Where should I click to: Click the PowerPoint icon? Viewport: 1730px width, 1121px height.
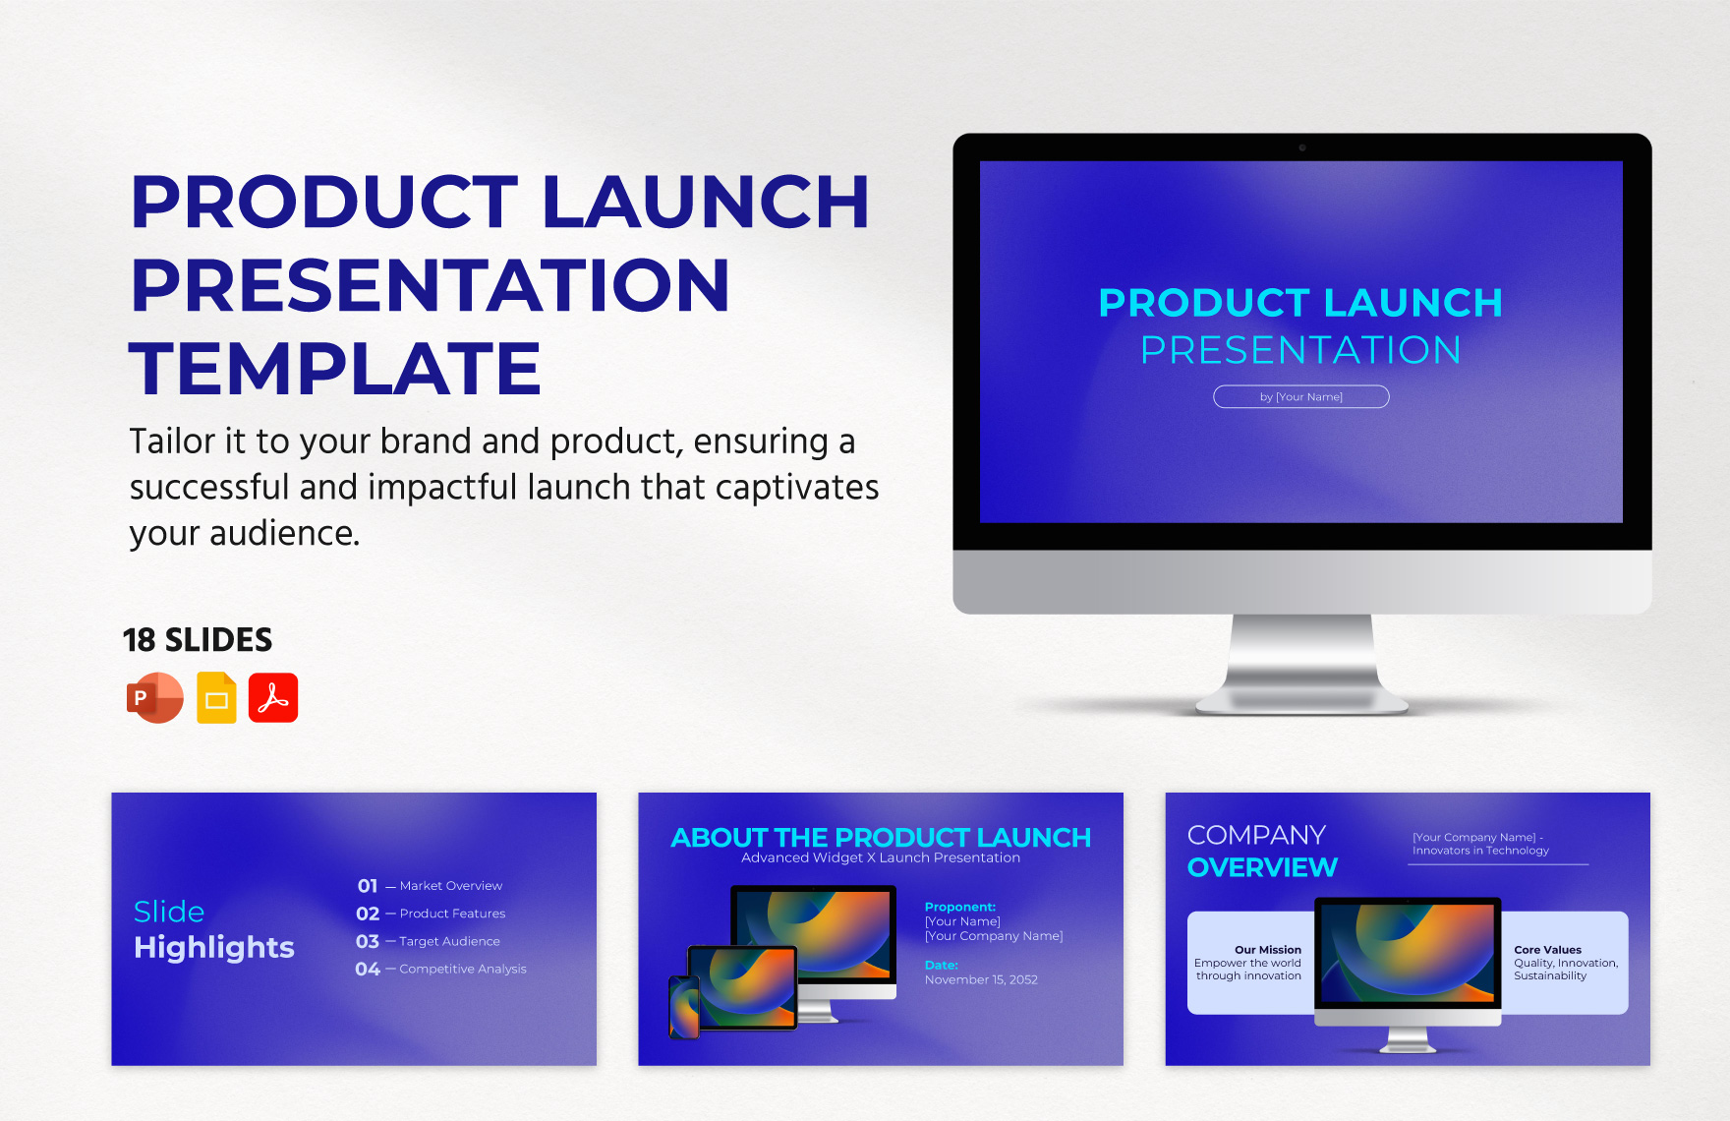pos(154,698)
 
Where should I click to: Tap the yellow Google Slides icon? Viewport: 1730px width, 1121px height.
pos(216,698)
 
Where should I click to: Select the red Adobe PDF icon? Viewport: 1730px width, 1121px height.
pos(273,698)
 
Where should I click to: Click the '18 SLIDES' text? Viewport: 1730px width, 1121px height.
pos(198,640)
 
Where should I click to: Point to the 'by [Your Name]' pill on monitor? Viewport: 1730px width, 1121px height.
pos(1300,396)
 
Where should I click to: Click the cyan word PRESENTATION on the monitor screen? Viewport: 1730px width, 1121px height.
pos(1300,350)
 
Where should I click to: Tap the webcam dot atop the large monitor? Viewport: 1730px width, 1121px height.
pos(1302,147)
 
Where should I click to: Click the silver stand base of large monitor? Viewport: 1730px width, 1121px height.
pos(1302,700)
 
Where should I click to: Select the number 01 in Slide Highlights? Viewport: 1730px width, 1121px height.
pos(368,886)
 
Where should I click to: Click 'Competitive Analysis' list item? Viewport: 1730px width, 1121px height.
pos(462,969)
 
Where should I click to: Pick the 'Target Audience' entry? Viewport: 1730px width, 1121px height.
pos(449,941)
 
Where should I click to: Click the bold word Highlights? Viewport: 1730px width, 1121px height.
pos(214,947)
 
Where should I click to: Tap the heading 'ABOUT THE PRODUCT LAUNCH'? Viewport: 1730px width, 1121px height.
pos(881,837)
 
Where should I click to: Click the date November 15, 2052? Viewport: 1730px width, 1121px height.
pos(981,979)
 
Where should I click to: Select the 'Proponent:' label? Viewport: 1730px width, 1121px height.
pos(959,907)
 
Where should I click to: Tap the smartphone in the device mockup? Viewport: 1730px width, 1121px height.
pos(684,1007)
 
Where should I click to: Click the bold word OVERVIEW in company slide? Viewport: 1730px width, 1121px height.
pos(1262,867)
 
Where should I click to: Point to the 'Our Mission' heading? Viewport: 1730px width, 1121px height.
pos(1267,950)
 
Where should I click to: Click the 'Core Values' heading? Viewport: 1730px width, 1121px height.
pos(1547,950)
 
